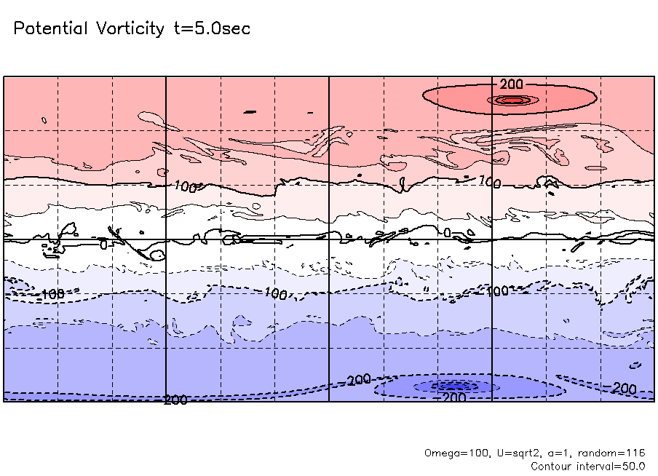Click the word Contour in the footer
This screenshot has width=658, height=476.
[551, 466]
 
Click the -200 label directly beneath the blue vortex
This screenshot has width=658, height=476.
[453, 397]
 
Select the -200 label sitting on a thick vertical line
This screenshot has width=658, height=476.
[175, 400]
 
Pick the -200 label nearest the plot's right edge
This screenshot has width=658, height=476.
[623, 389]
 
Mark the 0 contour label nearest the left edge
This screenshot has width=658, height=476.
[103, 245]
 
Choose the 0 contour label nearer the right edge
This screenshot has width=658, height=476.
[448, 233]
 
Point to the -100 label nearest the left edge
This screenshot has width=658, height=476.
[52, 294]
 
